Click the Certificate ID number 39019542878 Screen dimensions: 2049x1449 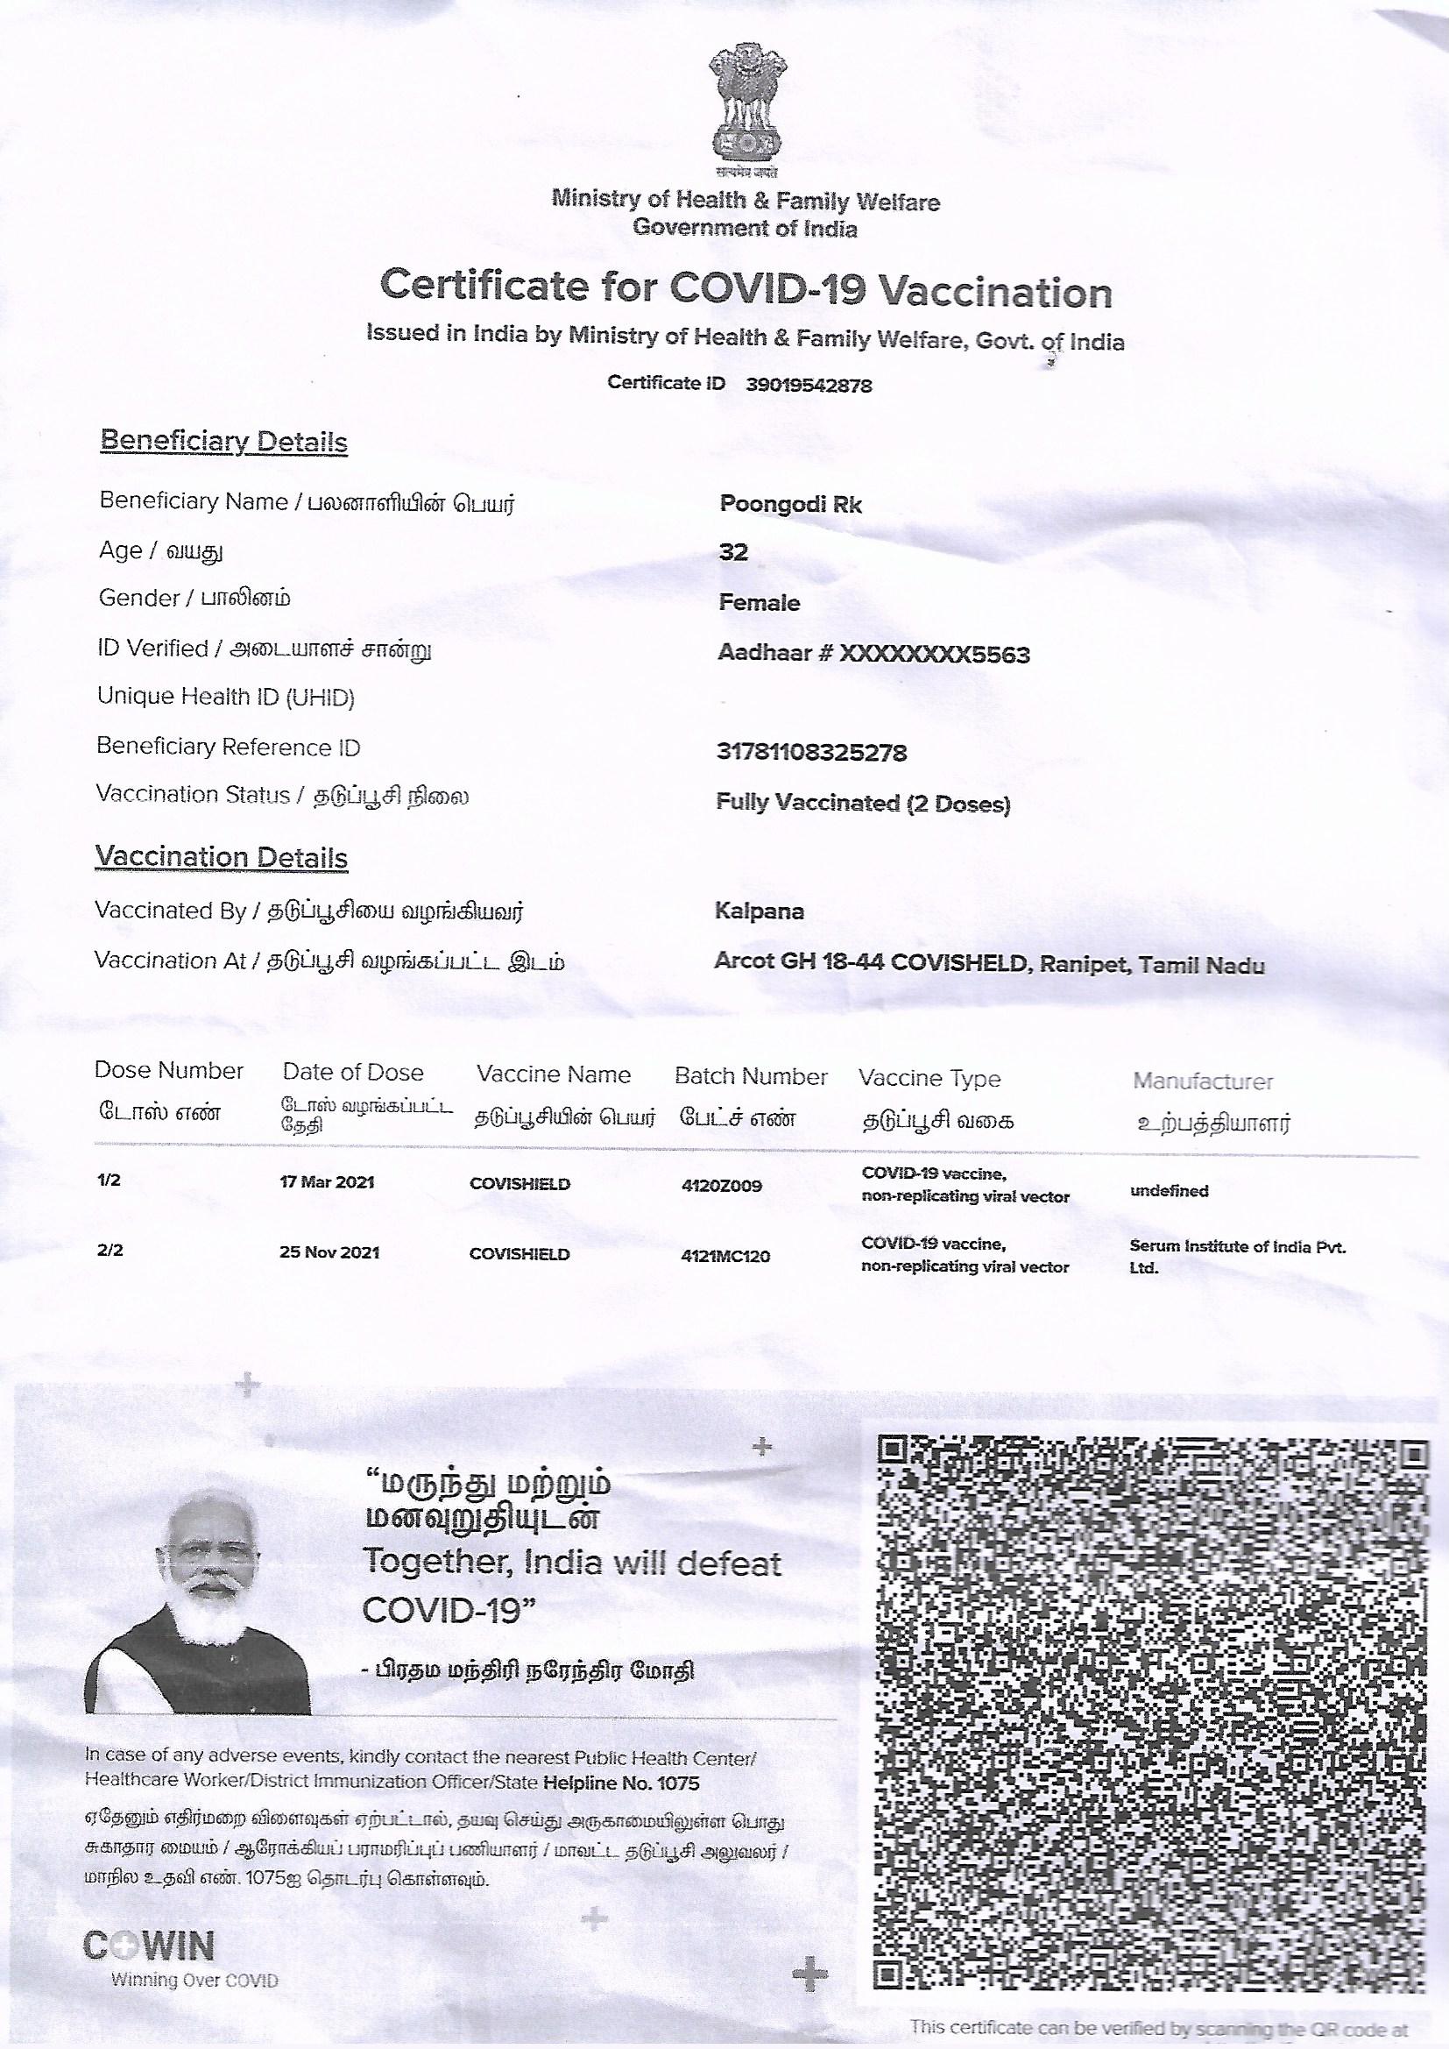tap(808, 386)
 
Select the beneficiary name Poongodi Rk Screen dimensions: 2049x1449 tap(790, 504)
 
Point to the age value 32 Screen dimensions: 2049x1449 tap(733, 552)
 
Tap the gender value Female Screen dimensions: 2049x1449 tap(760, 603)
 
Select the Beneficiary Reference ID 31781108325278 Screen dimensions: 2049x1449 tap(811, 753)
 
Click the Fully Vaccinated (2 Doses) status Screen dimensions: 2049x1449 tap(863, 804)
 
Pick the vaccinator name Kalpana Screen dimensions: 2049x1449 tap(760, 911)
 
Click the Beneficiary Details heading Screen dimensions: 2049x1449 tap(223, 442)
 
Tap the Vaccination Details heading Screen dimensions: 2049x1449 tap(222, 858)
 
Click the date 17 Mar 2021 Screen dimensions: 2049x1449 tap(327, 1182)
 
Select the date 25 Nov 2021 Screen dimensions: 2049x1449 tap(329, 1252)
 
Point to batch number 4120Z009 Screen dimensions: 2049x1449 tap(721, 1186)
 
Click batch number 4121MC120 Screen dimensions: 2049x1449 tap(724, 1257)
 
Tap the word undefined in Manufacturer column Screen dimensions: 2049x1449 tap(1169, 1190)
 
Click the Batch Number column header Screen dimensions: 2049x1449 tap(751, 1077)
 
